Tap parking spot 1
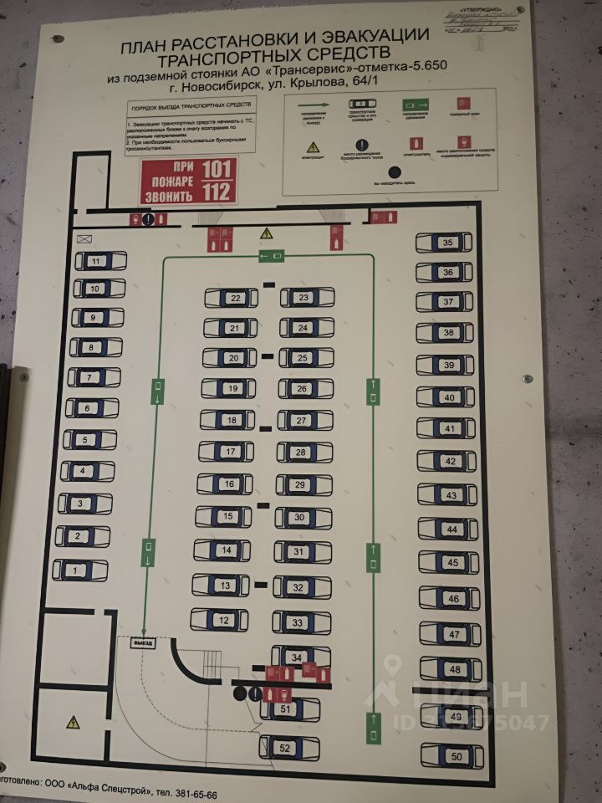(x=79, y=570)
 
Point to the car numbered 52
(x=287, y=748)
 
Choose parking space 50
(x=452, y=756)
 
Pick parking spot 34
(x=298, y=657)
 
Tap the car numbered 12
(x=222, y=621)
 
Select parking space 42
(x=450, y=462)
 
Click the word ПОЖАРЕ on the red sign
(x=171, y=181)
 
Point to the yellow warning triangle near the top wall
(x=267, y=233)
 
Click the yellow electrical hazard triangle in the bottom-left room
(x=72, y=720)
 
